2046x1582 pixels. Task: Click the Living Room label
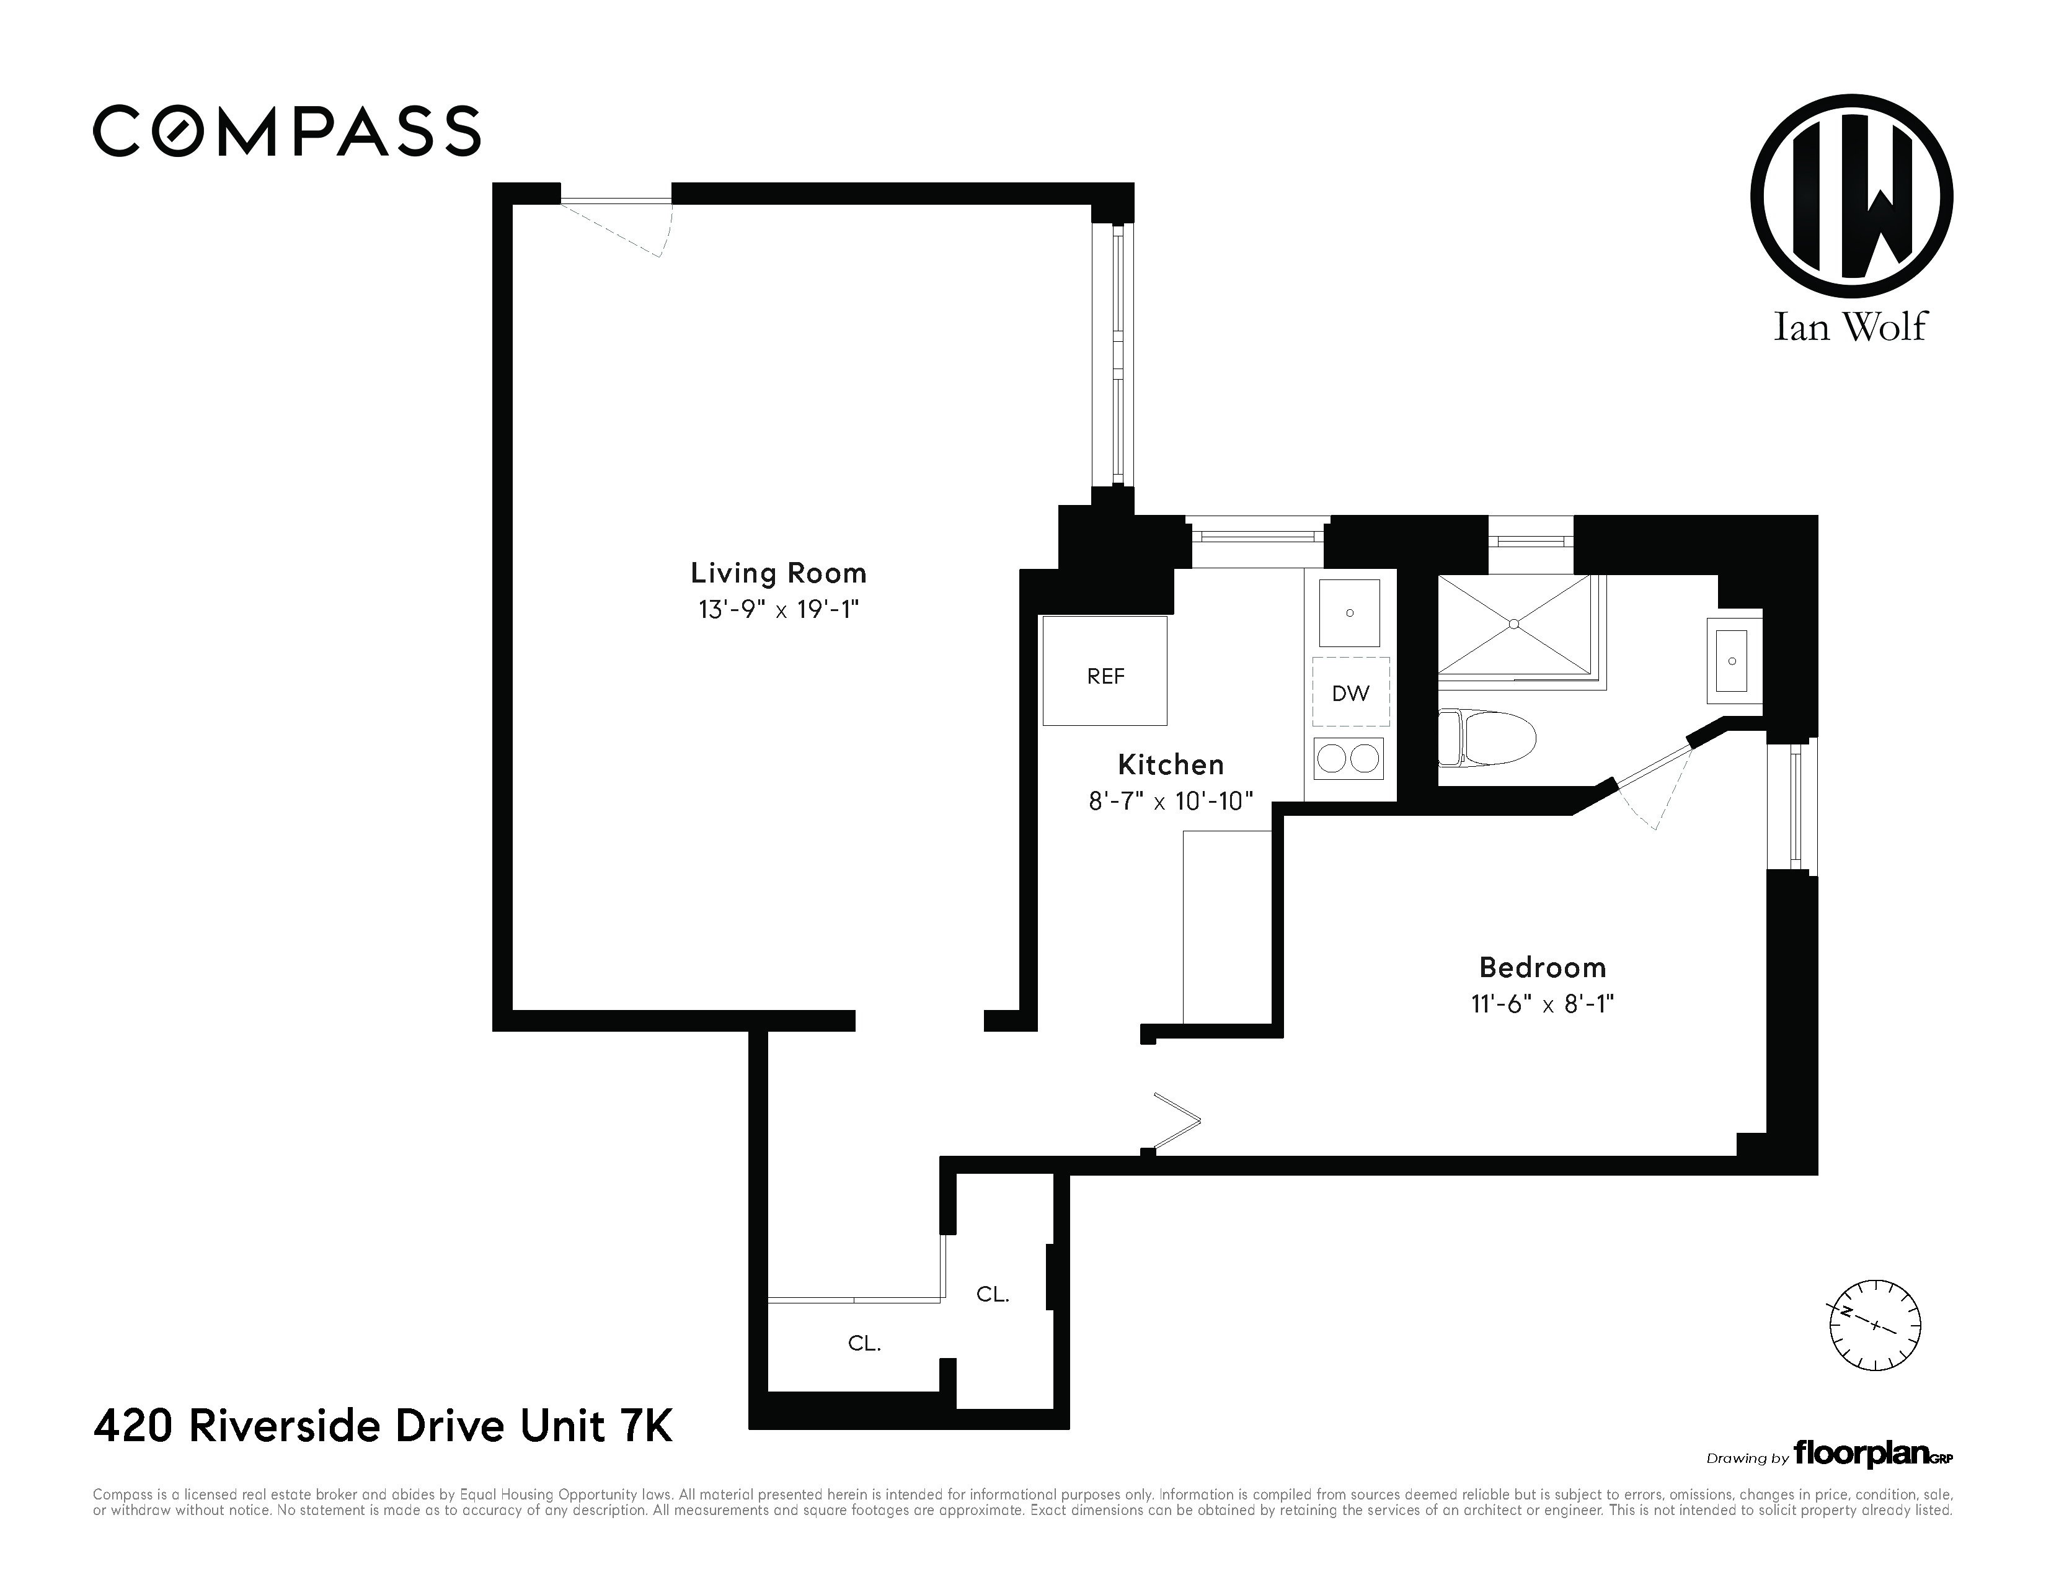pyautogui.click(x=779, y=573)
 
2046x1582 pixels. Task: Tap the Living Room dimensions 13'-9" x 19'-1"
pyautogui.click(x=779, y=609)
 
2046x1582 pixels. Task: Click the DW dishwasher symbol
pyautogui.click(x=1351, y=692)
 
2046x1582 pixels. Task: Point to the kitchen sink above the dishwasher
pyautogui.click(x=1350, y=613)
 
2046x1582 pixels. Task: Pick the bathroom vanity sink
pyautogui.click(x=1733, y=661)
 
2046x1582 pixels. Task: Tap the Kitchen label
pyautogui.click(x=1171, y=765)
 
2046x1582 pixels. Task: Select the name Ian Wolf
pyautogui.click(x=1850, y=326)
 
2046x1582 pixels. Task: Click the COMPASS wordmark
pyautogui.click(x=286, y=130)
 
